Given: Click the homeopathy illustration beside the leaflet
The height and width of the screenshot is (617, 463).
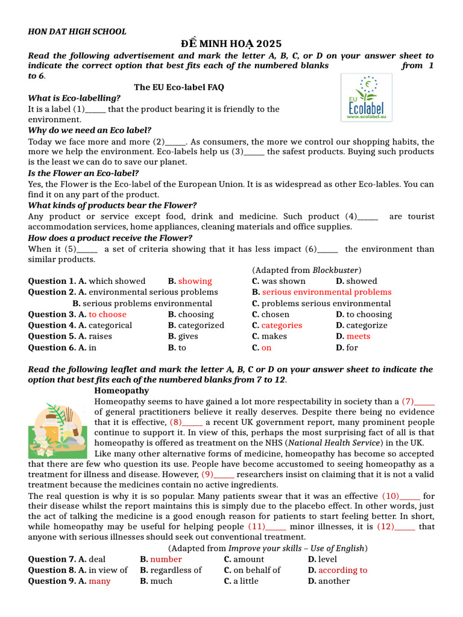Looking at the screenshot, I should click(x=60, y=430).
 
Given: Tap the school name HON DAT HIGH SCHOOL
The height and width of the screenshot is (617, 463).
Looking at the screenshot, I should click(x=77, y=32).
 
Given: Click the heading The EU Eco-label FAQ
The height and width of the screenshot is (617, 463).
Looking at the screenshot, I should click(x=178, y=87).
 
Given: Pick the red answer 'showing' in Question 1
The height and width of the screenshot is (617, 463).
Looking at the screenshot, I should click(x=195, y=281).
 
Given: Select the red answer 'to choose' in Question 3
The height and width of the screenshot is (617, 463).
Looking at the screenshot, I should click(x=107, y=315).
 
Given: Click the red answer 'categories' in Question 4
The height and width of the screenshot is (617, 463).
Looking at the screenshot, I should click(x=282, y=325).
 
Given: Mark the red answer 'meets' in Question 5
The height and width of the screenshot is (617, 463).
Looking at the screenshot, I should click(x=358, y=336).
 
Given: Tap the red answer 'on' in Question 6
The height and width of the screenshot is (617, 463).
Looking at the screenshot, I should click(x=266, y=348).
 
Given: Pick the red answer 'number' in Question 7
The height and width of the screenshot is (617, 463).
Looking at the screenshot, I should click(x=166, y=559).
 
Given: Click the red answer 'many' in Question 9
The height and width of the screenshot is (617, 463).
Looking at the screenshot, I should click(x=99, y=581).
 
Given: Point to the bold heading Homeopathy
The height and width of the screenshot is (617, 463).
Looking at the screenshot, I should click(x=122, y=390).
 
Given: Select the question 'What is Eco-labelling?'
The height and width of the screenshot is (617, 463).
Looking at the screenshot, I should click(x=74, y=98).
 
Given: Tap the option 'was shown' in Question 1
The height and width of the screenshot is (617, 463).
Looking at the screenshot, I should click(x=283, y=281).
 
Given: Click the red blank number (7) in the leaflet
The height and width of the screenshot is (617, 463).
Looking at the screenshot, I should click(x=408, y=401).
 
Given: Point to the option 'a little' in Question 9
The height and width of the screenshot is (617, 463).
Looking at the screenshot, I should click(x=245, y=581).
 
